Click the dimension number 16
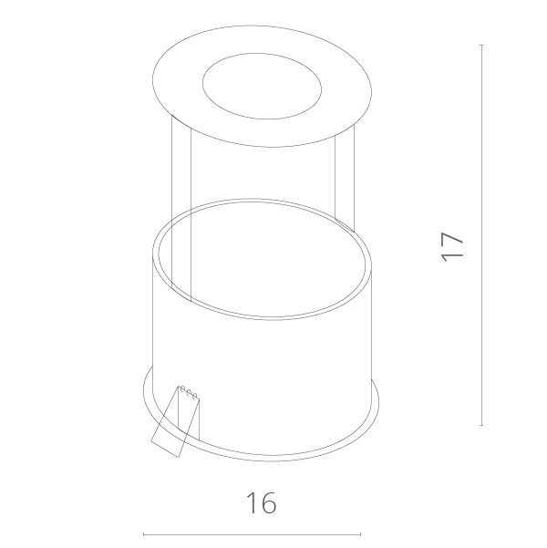tap(262, 502)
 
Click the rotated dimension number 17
tap(452, 246)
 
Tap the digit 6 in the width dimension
tap(268, 502)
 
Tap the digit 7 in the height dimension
tap(452, 239)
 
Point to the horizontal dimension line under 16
tap(252, 534)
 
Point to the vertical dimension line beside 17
tap(482, 235)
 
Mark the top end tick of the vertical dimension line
tap(482, 45)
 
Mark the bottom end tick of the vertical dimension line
tap(482, 425)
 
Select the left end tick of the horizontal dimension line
tap(144, 534)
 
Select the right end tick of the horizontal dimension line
tap(361, 534)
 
